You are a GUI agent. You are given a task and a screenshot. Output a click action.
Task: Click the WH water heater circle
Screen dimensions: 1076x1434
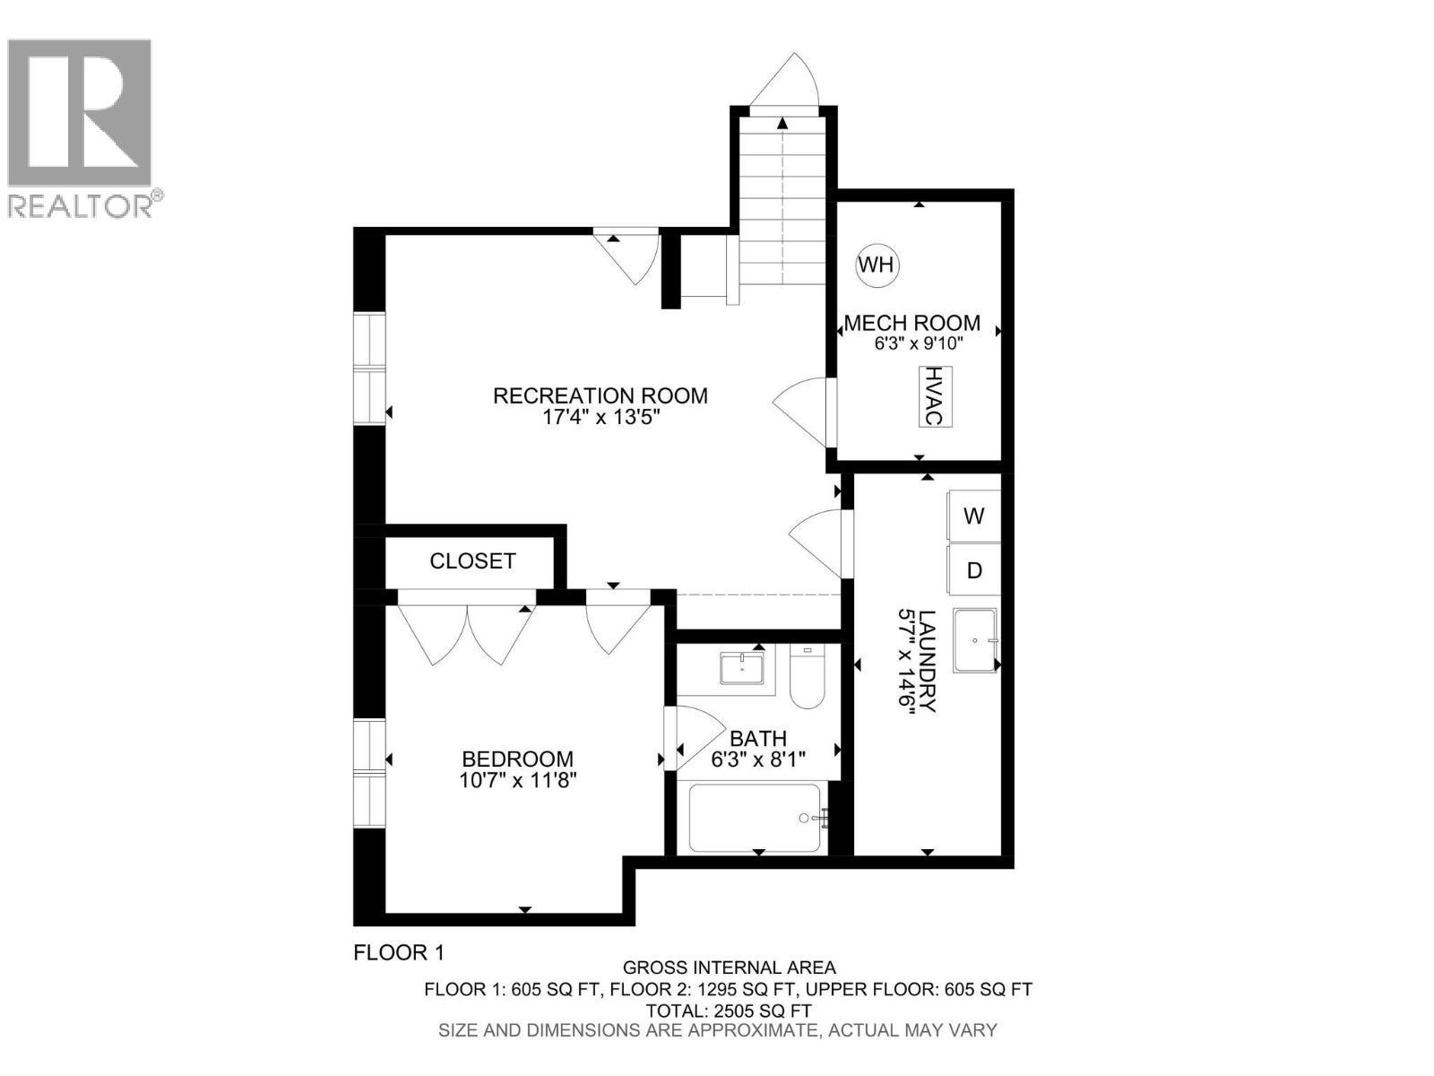[x=876, y=265]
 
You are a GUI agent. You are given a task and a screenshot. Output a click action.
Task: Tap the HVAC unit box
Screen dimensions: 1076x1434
[x=934, y=395]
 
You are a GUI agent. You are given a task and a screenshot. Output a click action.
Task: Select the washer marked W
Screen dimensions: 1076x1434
[x=973, y=516]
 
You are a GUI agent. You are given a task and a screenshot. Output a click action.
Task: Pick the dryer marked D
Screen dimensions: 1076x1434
[x=973, y=570]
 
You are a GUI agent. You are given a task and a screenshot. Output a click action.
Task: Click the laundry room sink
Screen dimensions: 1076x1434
[x=974, y=640]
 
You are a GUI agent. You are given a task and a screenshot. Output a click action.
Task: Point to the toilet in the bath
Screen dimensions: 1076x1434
[x=807, y=681]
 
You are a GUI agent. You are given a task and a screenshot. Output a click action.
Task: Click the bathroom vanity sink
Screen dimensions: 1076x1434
[x=742, y=669]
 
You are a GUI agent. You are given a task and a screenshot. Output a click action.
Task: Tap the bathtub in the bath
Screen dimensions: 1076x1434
[x=755, y=818]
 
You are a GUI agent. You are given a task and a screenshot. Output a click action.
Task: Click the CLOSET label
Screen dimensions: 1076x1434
[x=472, y=561]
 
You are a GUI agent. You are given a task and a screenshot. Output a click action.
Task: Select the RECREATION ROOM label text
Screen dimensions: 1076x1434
[x=600, y=395]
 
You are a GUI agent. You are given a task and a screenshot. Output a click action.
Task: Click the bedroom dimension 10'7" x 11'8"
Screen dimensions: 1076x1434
[x=517, y=780]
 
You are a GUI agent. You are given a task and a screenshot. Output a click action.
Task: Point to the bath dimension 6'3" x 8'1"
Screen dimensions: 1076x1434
[x=758, y=759]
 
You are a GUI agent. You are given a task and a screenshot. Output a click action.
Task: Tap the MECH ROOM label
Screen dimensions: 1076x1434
[x=911, y=323]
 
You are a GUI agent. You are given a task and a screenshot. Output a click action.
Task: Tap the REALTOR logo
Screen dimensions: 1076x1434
[x=81, y=126]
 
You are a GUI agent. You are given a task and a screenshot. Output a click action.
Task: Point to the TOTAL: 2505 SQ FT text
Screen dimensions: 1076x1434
[x=728, y=1011]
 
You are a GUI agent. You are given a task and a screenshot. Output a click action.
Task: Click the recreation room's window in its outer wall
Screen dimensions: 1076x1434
[x=369, y=368]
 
